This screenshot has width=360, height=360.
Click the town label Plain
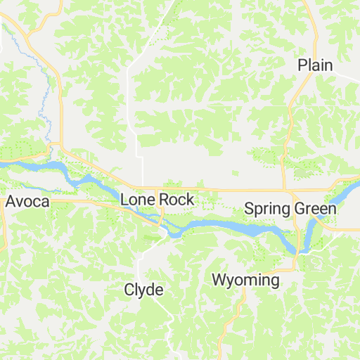point(314,65)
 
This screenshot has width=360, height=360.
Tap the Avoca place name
point(27,202)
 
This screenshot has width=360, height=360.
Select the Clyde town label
point(143,290)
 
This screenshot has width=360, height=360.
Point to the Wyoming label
point(245,281)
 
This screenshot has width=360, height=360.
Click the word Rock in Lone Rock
point(176,200)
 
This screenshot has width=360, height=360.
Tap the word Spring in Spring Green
point(266,209)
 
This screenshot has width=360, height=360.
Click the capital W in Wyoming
point(220,281)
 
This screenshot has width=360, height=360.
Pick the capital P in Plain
point(302,65)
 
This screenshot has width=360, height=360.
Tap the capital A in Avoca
point(11,202)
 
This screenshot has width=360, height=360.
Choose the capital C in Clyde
point(129,290)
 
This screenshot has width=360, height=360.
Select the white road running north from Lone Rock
point(143,169)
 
